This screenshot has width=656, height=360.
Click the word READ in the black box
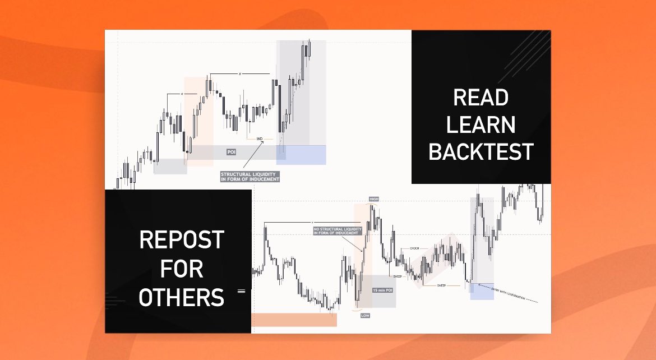pos(481,98)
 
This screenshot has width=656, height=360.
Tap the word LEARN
pos(481,124)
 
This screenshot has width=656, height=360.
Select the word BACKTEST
pos(481,151)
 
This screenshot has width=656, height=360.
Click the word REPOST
pos(182,241)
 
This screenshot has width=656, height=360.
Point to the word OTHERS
pos(182,297)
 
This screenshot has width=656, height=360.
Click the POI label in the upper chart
pos(231,152)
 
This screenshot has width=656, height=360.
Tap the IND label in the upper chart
pos(260,138)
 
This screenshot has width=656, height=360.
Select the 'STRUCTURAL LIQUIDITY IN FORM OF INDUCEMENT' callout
pos(250,177)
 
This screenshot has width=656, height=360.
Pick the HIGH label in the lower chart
pos(374,199)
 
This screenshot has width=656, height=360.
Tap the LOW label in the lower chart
pos(365,316)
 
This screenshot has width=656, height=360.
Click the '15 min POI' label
pos(382,291)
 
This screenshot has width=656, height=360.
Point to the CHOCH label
pos(415,248)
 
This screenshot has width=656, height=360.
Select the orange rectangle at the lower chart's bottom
pos(294,320)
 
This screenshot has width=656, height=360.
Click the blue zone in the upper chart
pos(309,155)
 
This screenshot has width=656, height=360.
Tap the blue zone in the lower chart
pos(482,292)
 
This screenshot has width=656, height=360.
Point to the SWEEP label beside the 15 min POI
pos(398,276)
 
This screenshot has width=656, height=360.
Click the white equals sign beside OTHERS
pos(242,291)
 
